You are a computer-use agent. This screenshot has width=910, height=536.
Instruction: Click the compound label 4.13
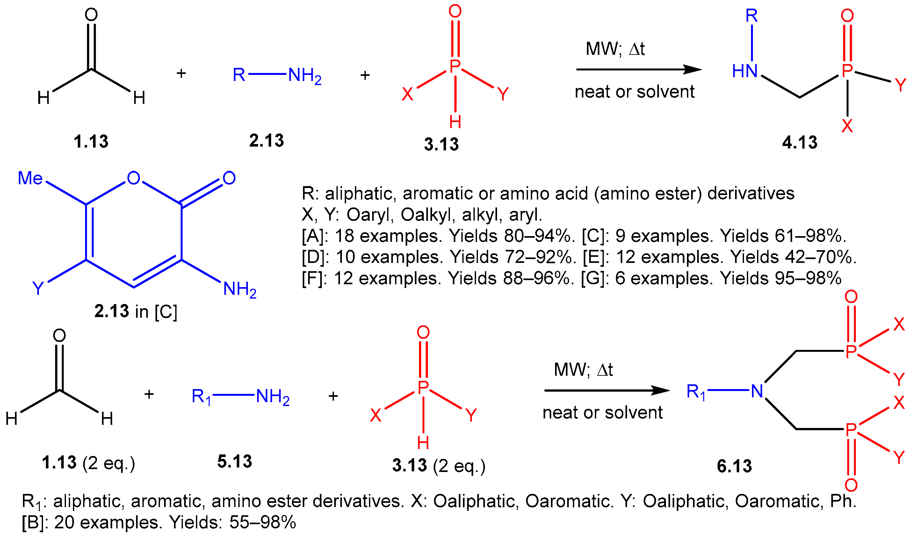pos(799,142)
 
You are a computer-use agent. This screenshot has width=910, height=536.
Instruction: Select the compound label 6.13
pos(734,466)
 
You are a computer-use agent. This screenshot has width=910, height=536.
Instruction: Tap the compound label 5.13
pos(235,461)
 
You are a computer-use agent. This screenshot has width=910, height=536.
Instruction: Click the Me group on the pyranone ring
pos(30,178)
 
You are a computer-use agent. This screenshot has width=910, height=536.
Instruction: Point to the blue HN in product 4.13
pos(745,71)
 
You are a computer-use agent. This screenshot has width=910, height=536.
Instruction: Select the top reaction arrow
pos(638,69)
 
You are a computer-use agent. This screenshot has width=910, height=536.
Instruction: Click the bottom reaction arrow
pos(606,390)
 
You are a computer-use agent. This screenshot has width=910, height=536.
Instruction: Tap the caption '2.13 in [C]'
pos(136,311)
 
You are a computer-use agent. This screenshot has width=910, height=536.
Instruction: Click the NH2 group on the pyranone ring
pos(239,289)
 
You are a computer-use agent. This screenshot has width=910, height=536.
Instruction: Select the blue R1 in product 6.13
pos(696,392)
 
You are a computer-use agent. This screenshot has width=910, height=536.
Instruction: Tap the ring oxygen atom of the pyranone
pos(133,178)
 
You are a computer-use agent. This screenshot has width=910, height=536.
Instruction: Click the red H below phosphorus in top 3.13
pos(455,122)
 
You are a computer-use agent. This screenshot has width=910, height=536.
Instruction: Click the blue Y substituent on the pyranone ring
pos(38,288)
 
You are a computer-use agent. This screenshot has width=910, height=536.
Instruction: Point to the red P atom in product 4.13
pos(847,71)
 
